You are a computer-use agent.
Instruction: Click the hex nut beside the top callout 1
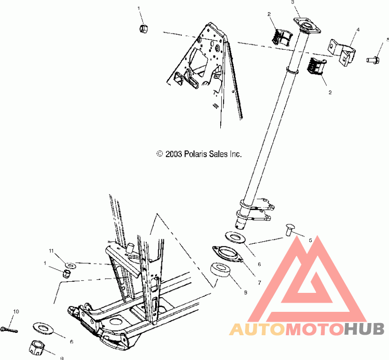(x=144, y=29)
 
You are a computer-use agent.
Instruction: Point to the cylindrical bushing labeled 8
(x=221, y=271)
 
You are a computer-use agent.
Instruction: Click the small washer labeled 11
(x=70, y=265)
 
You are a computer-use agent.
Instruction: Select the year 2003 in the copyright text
(x=174, y=154)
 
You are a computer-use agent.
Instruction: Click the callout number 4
(x=357, y=30)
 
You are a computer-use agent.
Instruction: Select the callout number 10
(x=16, y=311)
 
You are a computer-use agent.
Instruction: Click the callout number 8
(x=246, y=293)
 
